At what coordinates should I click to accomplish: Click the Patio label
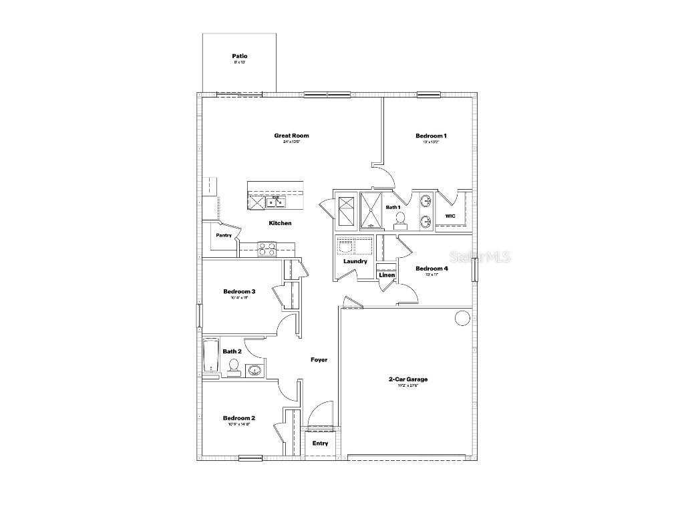[240, 56]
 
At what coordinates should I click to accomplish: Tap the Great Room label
[291, 136]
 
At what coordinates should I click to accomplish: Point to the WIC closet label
[450, 216]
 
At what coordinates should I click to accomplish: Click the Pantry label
[224, 235]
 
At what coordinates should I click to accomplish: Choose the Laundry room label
[355, 261]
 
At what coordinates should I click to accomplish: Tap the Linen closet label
[387, 275]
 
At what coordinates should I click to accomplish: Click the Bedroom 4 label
[432, 269]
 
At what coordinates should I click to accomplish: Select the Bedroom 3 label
[239, 291]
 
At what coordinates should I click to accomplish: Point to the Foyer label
[319, 360]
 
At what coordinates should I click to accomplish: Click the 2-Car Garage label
[408, 379]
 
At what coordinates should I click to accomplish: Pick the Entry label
[320, 443]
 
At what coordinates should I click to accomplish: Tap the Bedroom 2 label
[239, 418]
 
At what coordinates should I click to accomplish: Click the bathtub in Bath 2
[211, 358]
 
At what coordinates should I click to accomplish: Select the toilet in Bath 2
[234, 367]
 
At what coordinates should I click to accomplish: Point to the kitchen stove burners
[267, 249]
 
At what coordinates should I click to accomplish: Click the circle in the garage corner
[463, 318]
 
